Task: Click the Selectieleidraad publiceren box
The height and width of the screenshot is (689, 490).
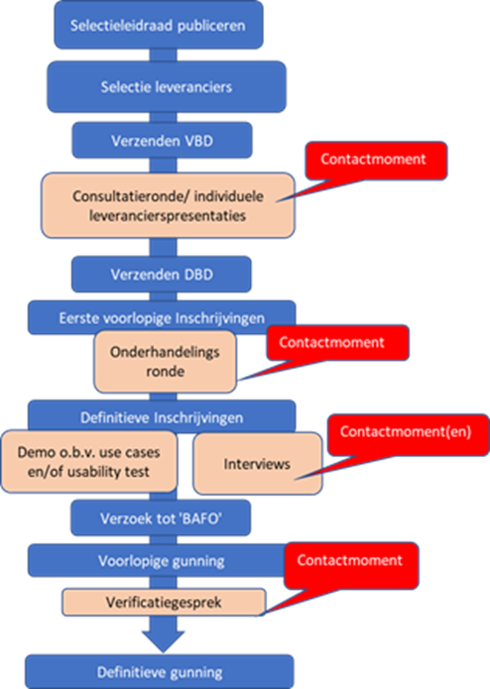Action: coord(159,25)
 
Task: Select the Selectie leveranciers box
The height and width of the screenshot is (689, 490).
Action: coord(167,86)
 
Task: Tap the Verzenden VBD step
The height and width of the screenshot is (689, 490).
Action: coord(162,141)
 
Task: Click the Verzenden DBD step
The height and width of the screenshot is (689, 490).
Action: coord(162,275)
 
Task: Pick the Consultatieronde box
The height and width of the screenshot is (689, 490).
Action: coord(168,205)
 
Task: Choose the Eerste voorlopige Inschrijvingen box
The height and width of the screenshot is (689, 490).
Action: coord(162,317)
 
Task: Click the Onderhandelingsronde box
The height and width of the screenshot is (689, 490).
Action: coord(166,362)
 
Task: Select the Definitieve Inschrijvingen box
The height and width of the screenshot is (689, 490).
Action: coord(162,416)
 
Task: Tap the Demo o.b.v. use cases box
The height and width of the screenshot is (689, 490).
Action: coord(88,461)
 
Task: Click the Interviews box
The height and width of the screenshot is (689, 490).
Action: coord(258,464)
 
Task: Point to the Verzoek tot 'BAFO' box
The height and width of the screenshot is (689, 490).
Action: coord(161,518)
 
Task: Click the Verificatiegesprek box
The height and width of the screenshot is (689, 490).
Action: coord(164,603)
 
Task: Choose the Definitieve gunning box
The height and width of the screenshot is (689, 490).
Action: coord(160,672)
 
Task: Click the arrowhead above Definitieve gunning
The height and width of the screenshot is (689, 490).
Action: coord(163,641)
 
